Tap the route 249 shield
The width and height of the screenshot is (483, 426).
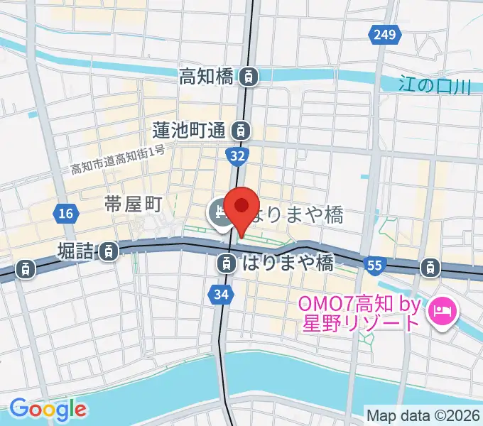[x=381, y=34]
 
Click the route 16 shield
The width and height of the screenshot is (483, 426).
[x=65, y=213]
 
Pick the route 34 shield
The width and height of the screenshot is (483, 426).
[x=220, y=293]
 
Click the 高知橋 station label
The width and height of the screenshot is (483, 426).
[x=207, y=75]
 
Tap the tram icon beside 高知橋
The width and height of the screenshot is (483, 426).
[x=249, y=75]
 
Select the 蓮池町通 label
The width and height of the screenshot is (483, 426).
[x=190, y=130]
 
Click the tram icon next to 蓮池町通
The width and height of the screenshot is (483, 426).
[x=242, y=130]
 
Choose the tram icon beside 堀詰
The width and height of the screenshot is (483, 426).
[x=109, y=250]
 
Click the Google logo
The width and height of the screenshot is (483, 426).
[x=48, y=409]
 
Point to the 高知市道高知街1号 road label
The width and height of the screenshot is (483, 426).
[x=118, y=160]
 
